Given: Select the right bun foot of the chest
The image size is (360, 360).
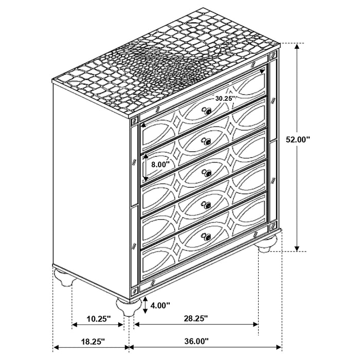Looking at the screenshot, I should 267,244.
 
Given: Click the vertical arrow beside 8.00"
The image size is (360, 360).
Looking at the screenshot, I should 146,167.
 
